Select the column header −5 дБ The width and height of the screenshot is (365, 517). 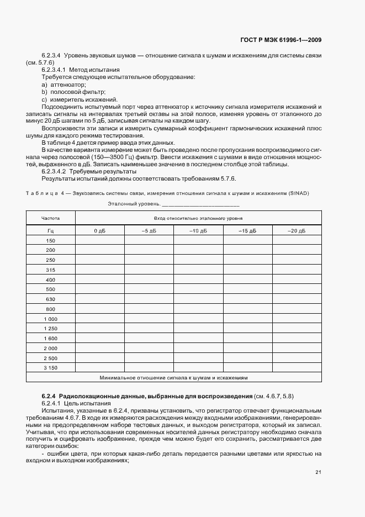[x=149, y=230]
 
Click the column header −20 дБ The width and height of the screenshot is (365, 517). [x=297, y=230]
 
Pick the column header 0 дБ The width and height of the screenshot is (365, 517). [x=99, y=230]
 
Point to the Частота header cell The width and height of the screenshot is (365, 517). [x=51, y=218]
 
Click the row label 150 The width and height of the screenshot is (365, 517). [x=51, y=240]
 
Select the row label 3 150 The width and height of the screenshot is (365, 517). [x=51, y=367]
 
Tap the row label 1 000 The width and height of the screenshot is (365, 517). [x=51, y=319]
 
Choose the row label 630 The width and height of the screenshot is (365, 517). [x=51, y=299]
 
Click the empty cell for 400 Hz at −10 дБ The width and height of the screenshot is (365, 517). [x=198, y=279]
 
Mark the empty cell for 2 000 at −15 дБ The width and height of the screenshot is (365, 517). [x=247, y=348]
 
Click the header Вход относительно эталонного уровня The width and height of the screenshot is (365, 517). [x=198, y=218]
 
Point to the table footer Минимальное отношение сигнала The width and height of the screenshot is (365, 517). [x=174, y=378]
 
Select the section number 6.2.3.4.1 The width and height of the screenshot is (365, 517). [x=54, y=70]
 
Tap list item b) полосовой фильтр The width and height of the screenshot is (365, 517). [x=73, y=92]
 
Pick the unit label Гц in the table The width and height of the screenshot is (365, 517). [x=51, y=230]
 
